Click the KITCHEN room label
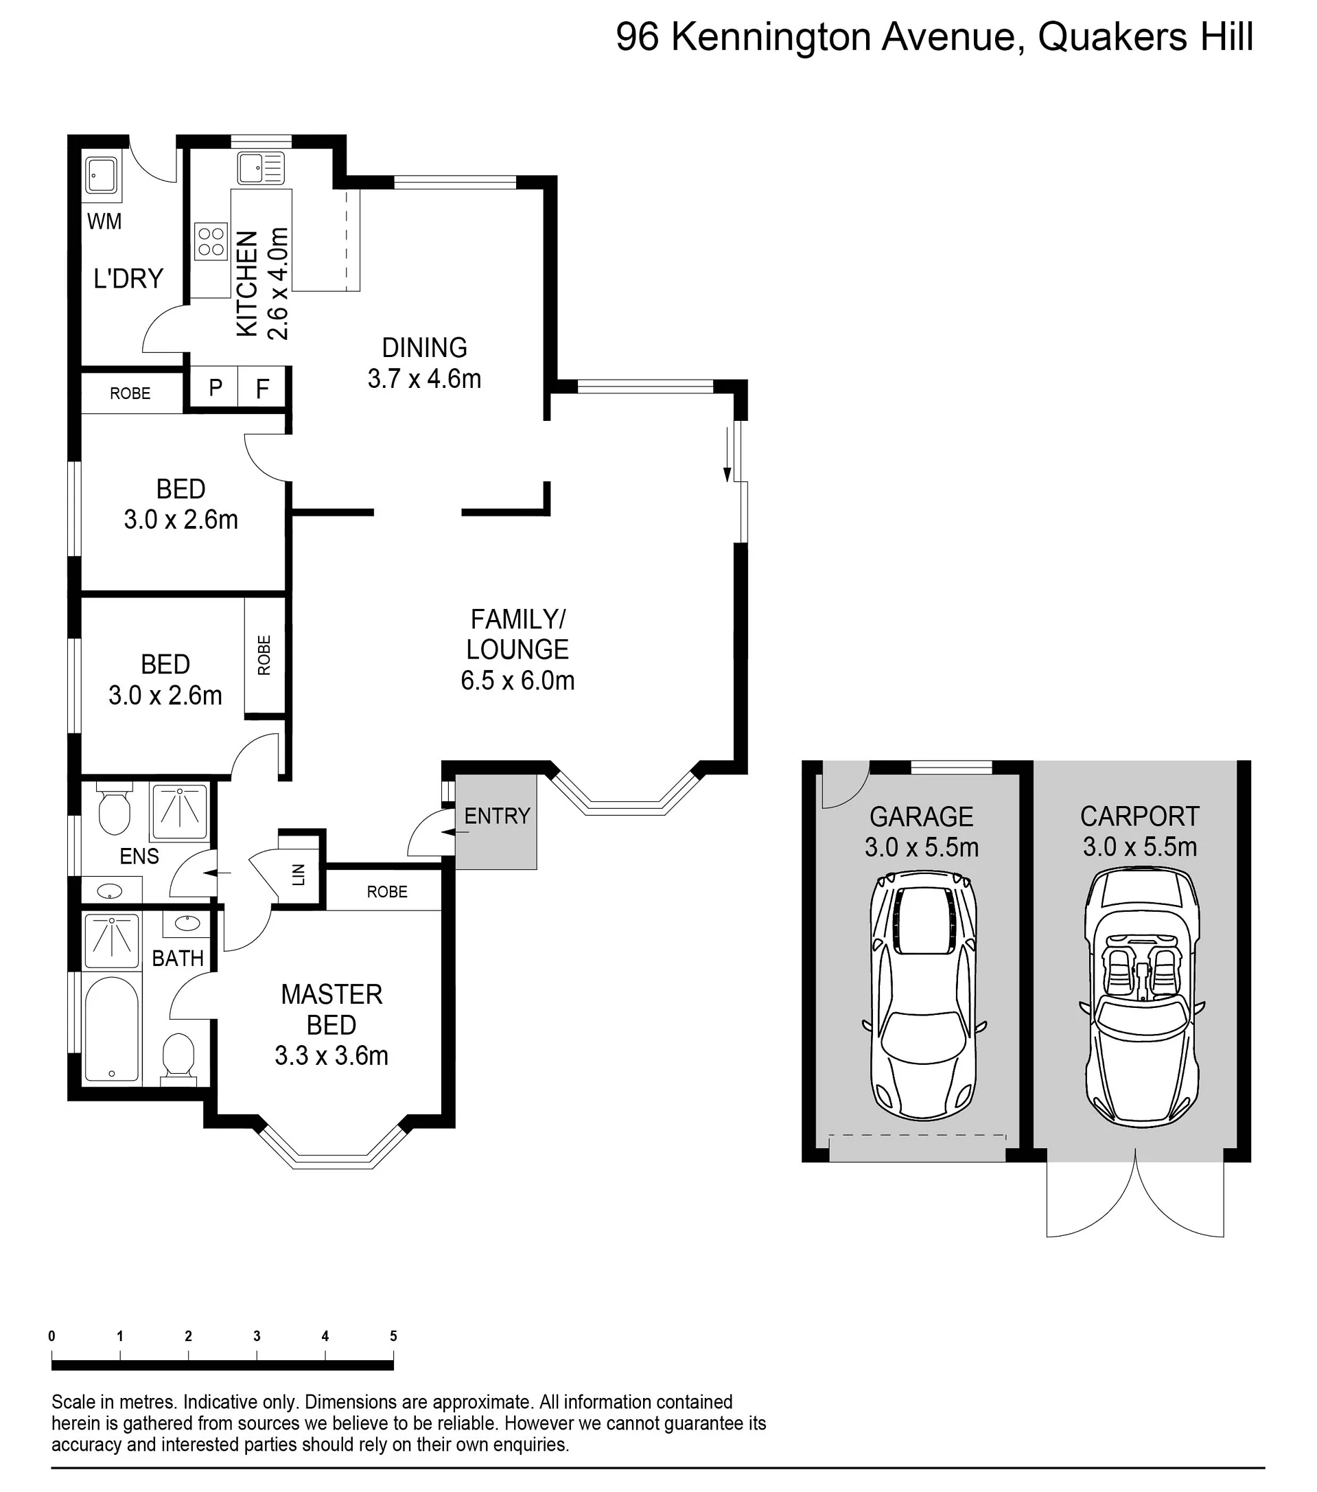tap(247, 284)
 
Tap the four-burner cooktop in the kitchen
tap(211, 242)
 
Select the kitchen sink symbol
tap(261, 169)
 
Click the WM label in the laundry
tap(104, 221)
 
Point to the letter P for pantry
tap(215, 388)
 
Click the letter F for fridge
tap(263, 389)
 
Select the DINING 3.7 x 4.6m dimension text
tap(425, 379)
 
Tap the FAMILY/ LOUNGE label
tap(517, 634)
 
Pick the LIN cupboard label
tap(299, 874)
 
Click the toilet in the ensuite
tap(114, 808)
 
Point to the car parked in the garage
tap(924, 996)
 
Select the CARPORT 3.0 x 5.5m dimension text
tap(1140, 847)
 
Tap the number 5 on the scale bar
tap(393, 1335)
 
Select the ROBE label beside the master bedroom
tap(386, 891)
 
